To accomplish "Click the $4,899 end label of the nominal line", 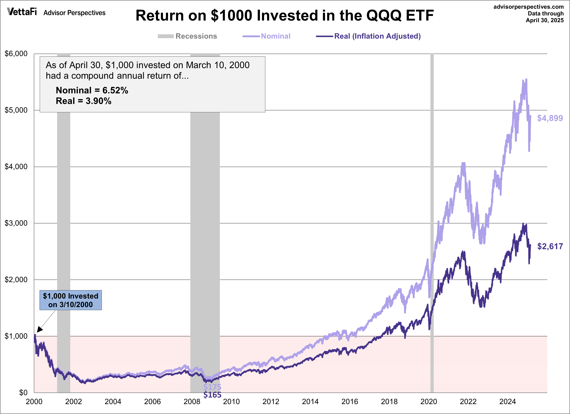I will (550, 118).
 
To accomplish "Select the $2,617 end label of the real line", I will (550, 246).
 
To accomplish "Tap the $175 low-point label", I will (212, 387).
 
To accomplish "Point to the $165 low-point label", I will (212, 395).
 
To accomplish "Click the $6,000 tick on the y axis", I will (16, 54).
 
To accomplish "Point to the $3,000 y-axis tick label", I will (16, 223).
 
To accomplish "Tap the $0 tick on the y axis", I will (23, 393).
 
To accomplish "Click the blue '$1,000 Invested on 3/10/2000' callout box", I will (71, 300).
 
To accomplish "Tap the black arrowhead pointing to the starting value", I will (39, 329).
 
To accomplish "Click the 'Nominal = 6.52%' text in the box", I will (92, 90).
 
